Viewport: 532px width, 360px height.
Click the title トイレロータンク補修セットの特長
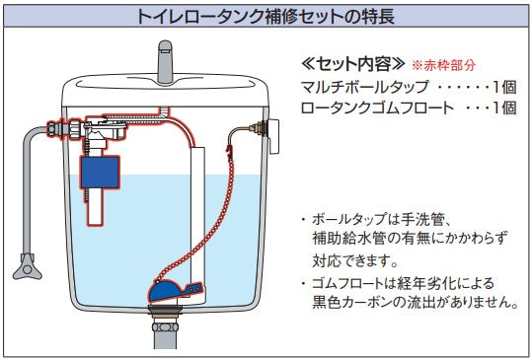(x=266, y=15)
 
